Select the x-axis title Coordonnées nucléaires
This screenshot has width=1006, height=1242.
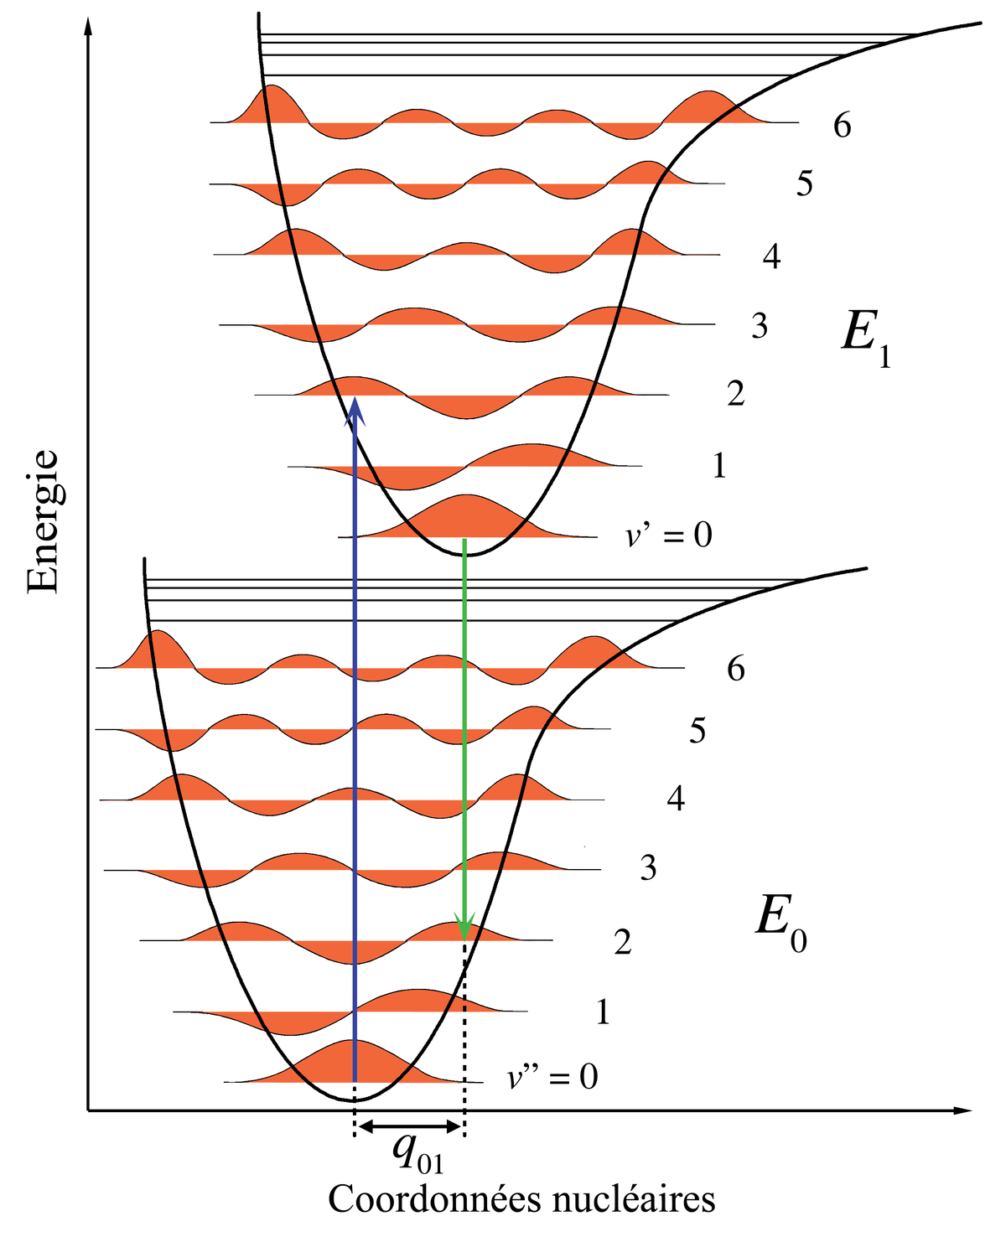click(521, 1199)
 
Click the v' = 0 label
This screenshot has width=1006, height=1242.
click(668, 534)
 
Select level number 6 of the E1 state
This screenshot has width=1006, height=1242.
click(842, 125)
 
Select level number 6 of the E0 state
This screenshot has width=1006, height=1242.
click(735, 668)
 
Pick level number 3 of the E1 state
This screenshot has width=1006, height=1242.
click(759, 325)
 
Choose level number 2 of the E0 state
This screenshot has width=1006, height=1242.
click(622, 940)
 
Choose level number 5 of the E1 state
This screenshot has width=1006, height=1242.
click(804, 183)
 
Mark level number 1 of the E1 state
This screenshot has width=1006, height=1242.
click(719, 465)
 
